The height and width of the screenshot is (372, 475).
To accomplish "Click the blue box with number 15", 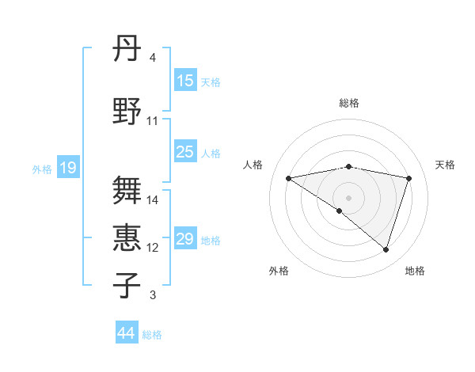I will click(185, 81).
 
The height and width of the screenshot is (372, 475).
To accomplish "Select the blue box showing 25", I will click(185, 152).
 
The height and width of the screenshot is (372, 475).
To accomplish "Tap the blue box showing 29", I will click(185, 239).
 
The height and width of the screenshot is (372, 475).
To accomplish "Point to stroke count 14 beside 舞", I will click(154, 200).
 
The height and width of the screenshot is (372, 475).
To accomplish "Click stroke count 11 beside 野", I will click(153, 121).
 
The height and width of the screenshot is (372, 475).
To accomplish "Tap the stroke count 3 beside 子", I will click(153, 295).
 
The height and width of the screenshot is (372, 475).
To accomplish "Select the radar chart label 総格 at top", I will click(348, 103).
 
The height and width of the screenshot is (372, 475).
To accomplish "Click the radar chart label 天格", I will click(445, 165).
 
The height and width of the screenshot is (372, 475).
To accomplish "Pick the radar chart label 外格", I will click(279, 271).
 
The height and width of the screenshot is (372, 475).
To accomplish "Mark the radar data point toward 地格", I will click(386, 250).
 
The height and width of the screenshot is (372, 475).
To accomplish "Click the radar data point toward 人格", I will click(288, 178).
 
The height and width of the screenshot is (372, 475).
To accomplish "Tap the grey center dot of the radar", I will click(348, 197).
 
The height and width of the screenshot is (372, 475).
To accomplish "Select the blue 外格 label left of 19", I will click(42, 169).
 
